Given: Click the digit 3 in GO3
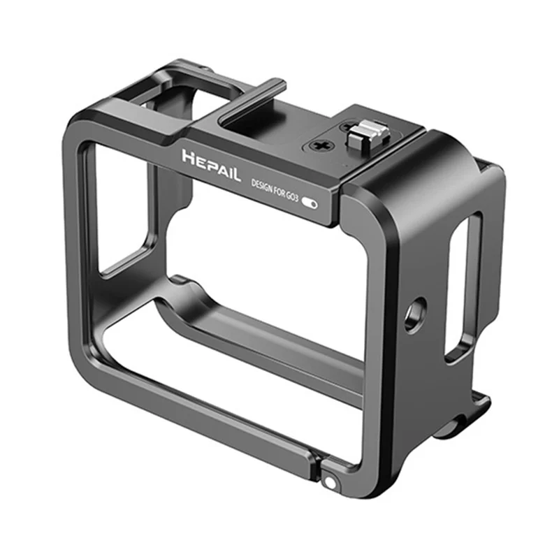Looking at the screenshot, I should pos(300,198).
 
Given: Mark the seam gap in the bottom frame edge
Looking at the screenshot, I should pos(316,461).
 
